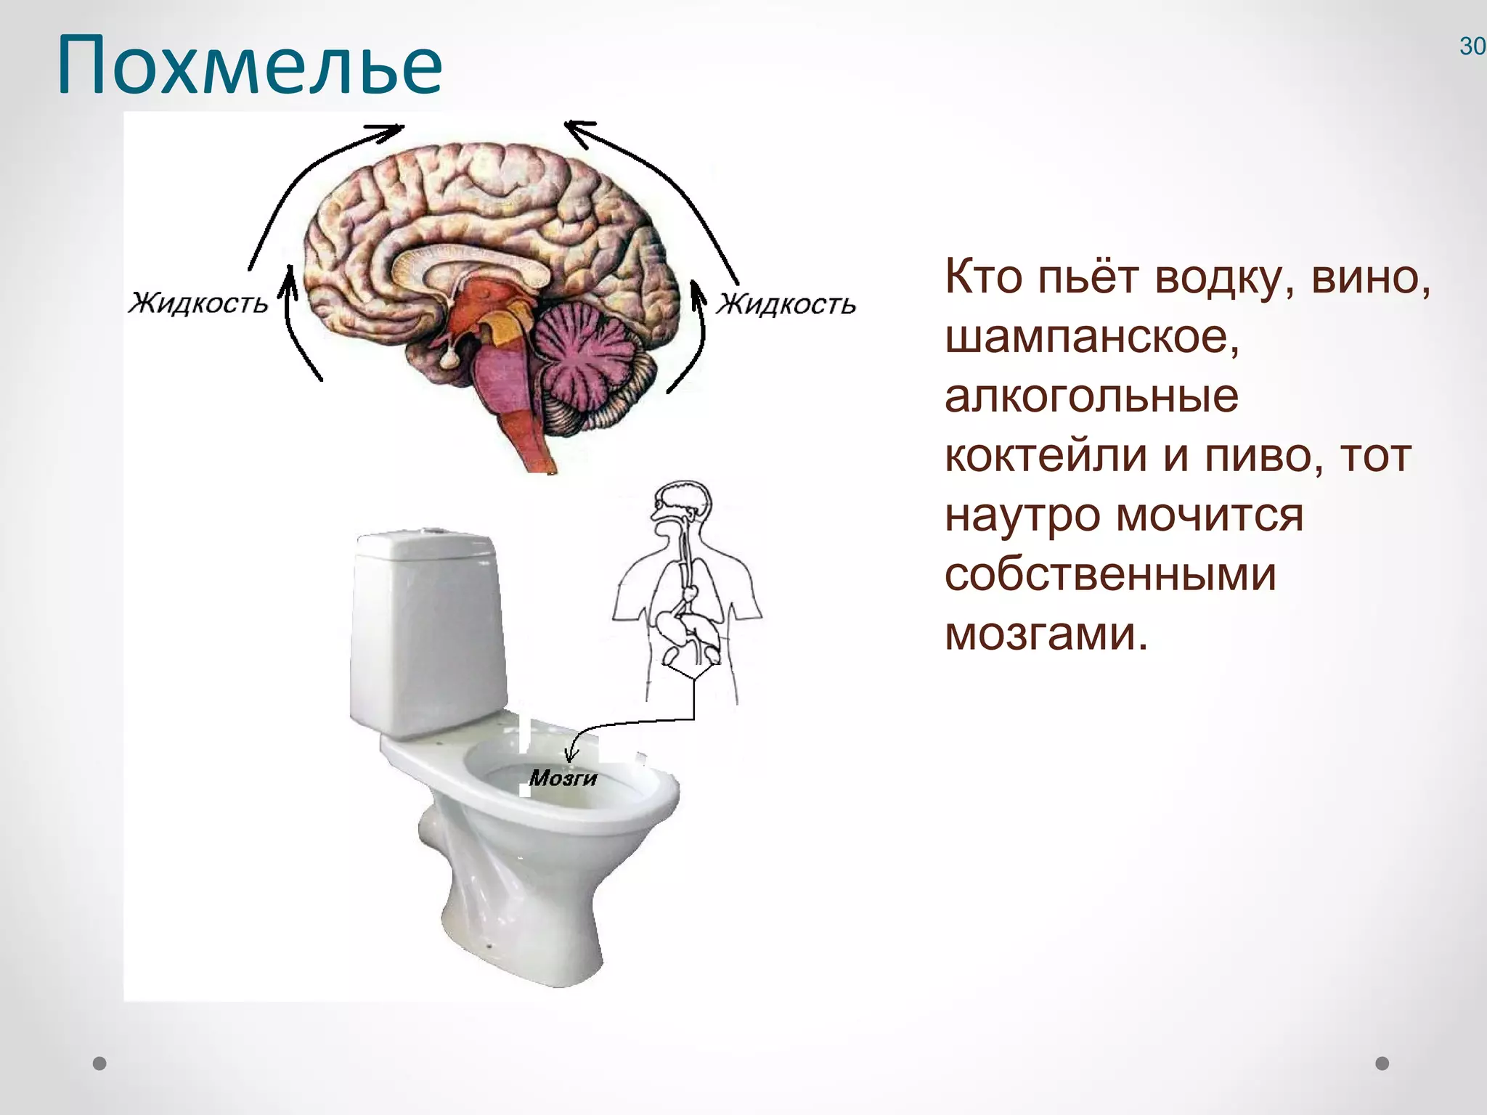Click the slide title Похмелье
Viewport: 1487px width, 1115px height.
[249, 66]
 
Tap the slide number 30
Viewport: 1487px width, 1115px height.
[1472, 46]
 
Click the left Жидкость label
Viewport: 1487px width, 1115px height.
[198, 303]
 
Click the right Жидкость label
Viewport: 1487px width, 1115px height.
[786, 304]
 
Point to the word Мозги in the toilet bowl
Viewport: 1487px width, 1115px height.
[563, 778]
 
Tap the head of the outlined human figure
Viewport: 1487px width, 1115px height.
[682, 502]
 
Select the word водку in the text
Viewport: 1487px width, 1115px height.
[1224, 277]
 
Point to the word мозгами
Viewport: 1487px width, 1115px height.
[1046, 634]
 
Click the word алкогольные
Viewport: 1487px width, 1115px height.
[1091, 397]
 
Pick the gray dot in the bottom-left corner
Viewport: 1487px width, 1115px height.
[100, 1063]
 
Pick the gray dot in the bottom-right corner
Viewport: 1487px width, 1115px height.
[1382, 1063]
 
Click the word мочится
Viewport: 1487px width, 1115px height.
[1210, 515]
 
